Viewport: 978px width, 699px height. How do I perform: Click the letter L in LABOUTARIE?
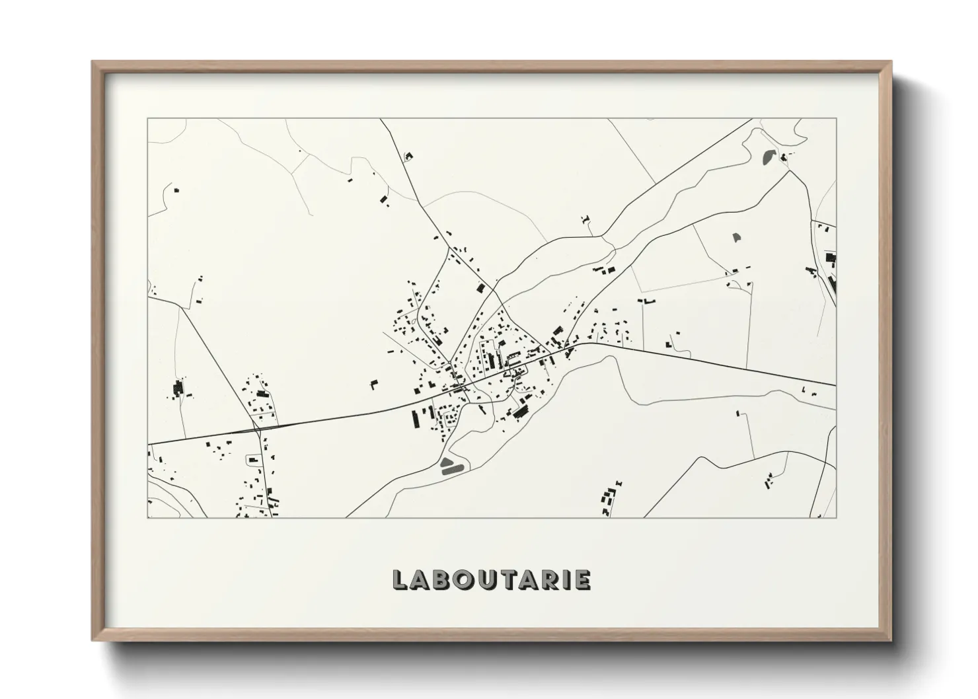click(x=400, y=579)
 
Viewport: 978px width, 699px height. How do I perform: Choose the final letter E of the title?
click(x=583, y=579)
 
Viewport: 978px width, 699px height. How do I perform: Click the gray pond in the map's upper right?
click(x=769, y=157)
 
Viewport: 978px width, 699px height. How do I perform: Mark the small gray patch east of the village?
click(x=737, y=236)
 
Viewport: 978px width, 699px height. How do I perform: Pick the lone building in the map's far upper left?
click(x=176, y=190)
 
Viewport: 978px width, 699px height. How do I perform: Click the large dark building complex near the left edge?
click(x=177, y=388)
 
